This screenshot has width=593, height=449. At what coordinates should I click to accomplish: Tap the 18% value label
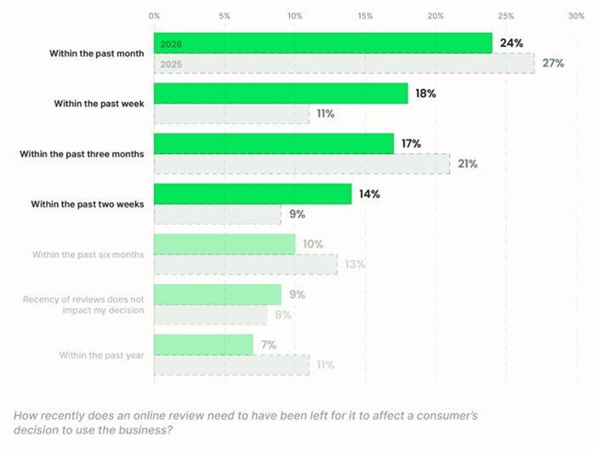(425, 94)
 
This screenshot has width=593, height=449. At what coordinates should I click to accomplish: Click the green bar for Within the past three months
(273, 144)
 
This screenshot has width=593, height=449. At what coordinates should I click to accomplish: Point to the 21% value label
(467, 164)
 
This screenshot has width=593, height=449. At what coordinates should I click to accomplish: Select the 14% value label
(369, 194)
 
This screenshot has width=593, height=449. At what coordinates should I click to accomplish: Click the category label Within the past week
(99, 104)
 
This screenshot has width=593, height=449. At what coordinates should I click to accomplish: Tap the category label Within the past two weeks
(88, 204)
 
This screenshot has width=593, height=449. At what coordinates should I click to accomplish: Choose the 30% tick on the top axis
(576, 15)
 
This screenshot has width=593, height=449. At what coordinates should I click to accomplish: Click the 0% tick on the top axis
(154, 15)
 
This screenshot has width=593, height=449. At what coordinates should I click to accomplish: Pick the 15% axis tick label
(365, 15)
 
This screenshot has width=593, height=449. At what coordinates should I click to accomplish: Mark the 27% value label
(552, 64)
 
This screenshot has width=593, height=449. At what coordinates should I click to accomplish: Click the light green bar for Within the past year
(203, 344)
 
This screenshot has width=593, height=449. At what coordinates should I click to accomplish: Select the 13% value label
(355, 264)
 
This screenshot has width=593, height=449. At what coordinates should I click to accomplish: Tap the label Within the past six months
(88, 254)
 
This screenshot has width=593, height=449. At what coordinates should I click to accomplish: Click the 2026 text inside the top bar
(171, 43)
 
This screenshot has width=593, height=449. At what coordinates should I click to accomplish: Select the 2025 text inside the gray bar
(171, 64)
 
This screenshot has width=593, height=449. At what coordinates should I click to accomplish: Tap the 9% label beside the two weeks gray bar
(299, 214)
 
